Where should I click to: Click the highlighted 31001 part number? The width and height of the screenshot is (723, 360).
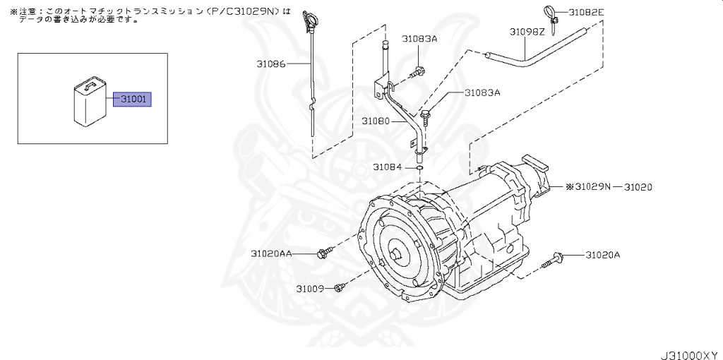[x=133, y=100]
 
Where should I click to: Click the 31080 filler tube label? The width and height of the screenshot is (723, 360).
[x=376, y=121]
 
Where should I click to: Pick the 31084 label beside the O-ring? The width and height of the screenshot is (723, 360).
[x=387, y=167]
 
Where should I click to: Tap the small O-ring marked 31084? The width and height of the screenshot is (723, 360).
[x=419, y=168]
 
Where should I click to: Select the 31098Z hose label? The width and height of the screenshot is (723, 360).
[x=527, y=32]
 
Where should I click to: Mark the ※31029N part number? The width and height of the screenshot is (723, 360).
[x=587, y=187]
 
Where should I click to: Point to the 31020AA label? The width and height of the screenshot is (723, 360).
[x=271, y=253]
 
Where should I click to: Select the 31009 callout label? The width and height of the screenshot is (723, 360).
[x=309, y=288]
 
